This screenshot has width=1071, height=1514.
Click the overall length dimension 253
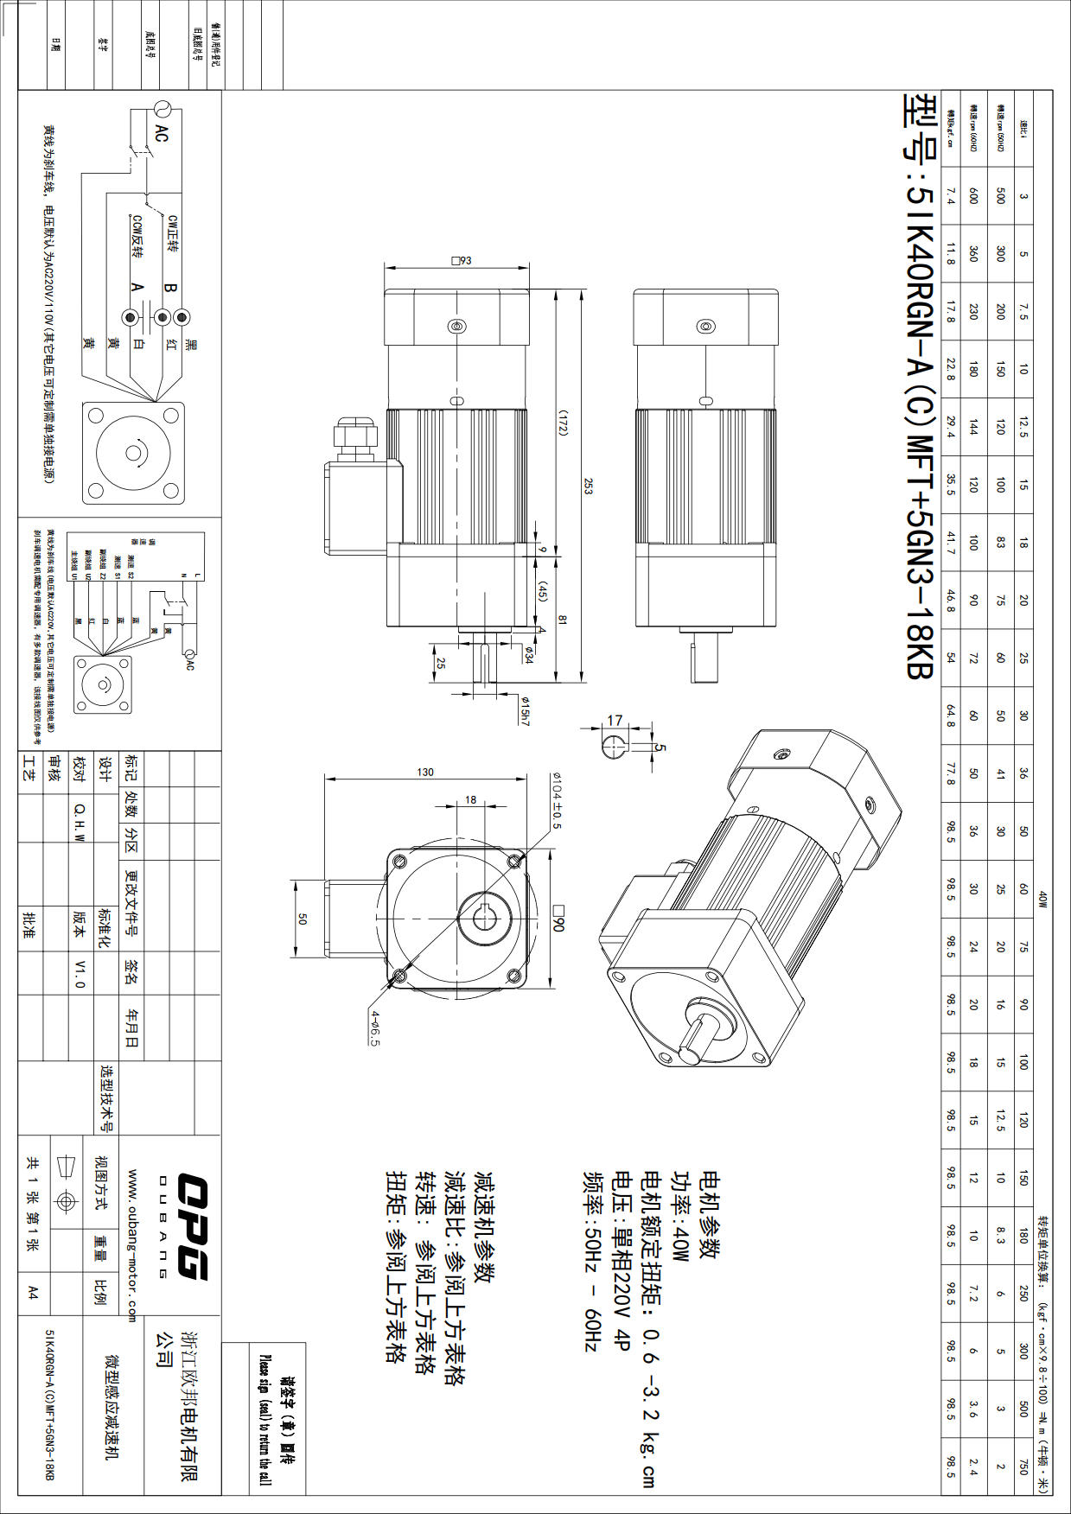point(588,486)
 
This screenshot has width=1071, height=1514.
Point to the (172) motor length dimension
point(562,423)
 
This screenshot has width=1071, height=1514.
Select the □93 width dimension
point(462,261)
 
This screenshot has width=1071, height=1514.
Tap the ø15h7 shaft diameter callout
point(525,710)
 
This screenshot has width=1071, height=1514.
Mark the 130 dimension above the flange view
point(425,772)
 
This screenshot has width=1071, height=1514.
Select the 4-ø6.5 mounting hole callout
point(375,1027)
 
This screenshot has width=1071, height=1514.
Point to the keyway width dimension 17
point(615,720)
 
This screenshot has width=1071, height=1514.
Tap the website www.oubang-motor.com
point(132,1245)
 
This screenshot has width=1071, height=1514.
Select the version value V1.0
point(80,973)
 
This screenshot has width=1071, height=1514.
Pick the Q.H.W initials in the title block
point(80,822)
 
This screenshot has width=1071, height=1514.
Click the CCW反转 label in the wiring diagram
point(137,237)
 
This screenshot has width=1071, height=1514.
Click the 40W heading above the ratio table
point(1042,900)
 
